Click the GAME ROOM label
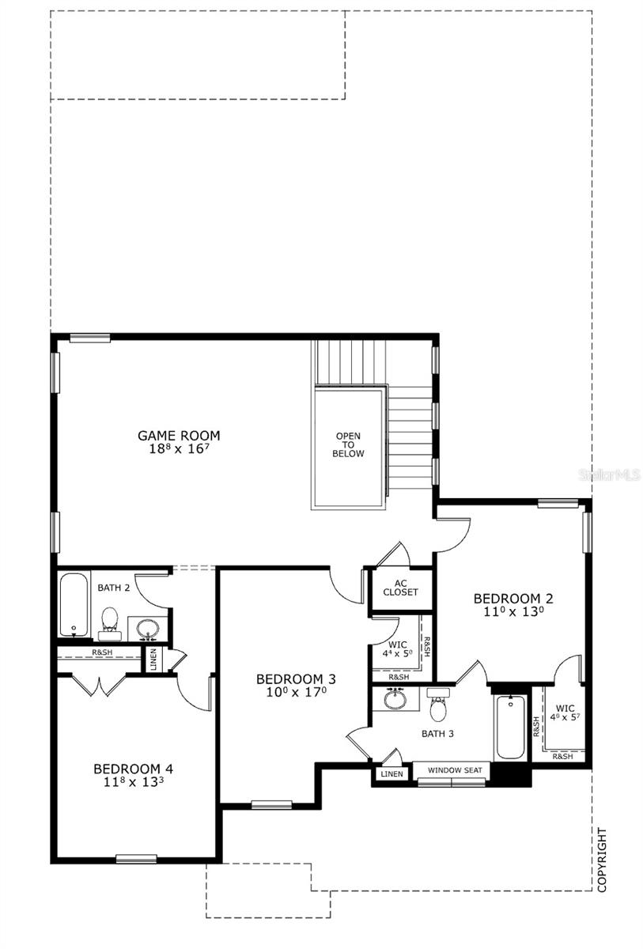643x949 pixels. coord(179,435)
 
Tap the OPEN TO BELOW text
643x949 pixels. coord(349,444)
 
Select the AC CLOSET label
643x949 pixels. coord(400,587)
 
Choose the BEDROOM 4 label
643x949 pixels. coord(133,768)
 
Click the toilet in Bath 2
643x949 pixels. coord(110,622)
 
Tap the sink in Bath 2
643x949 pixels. coord(148,629)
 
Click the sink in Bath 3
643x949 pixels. coord(395,699)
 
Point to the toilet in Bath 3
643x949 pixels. coord(437,704)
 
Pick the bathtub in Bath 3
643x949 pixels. coord(510,726)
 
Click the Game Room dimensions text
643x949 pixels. coord(179,448)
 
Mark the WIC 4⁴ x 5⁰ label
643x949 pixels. coord(398,649)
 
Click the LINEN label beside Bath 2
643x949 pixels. coord(153,660)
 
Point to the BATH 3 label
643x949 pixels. coord(437,733)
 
